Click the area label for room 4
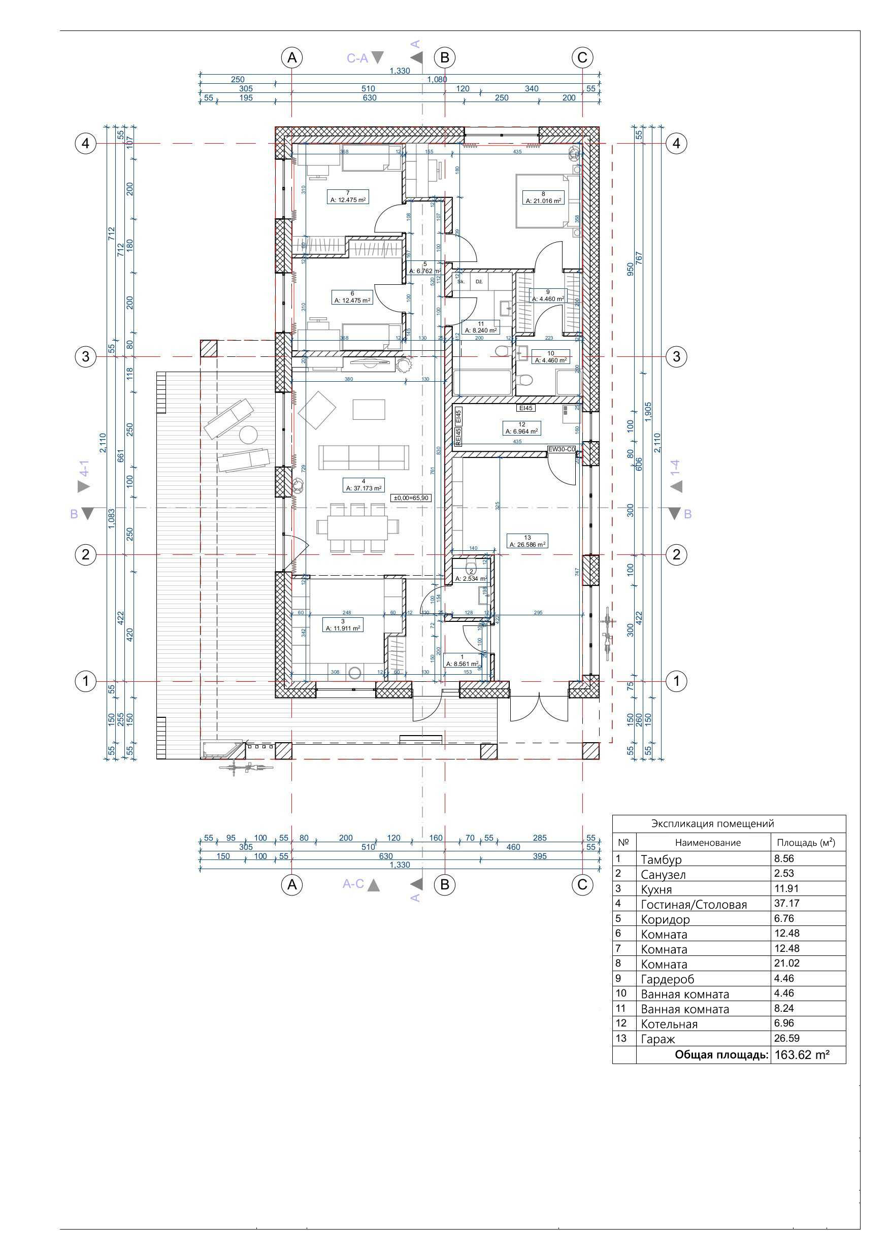click(364, 488)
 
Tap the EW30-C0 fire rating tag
click(562, 449)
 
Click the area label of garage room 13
click(527, 545)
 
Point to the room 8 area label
click(543, 201)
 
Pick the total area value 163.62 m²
click(801, 1054)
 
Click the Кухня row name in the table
click(656, 889)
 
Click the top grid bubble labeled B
click(445, 57)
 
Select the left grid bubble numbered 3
click(85, 356)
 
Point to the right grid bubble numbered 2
click(676, 554)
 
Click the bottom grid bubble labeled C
click(582, 884)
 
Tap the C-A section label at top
click(357, 58)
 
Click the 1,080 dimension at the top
click(437, 80)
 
